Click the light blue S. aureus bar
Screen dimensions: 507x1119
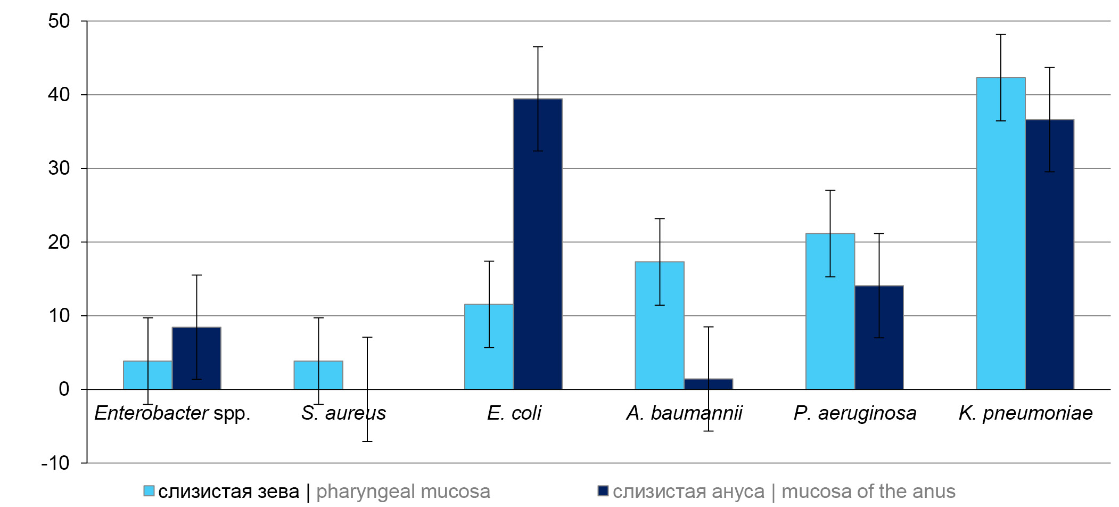click(x=318, y=375)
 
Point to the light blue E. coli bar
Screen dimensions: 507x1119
click(x=489, y=347)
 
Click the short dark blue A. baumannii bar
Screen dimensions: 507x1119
click(x=709, y=384)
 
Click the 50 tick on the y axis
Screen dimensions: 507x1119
click(x=59, y=21)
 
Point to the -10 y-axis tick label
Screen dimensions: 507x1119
click(x=55, y=463)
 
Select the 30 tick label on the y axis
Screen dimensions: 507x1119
click(x=59, y=168)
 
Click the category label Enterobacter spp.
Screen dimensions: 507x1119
click(x=172, y=413)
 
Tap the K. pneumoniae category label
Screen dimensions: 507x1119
click(x=1025, y=413)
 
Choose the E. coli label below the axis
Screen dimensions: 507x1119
click(x=514, y=413)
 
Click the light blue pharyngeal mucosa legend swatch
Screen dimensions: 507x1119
click(x=149, y=491)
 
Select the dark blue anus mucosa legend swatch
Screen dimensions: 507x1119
click(x=603, y=490)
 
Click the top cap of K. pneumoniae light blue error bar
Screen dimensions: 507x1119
click(x=1001, y=35)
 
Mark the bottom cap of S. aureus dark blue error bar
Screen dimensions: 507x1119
click(x=367, y=441)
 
